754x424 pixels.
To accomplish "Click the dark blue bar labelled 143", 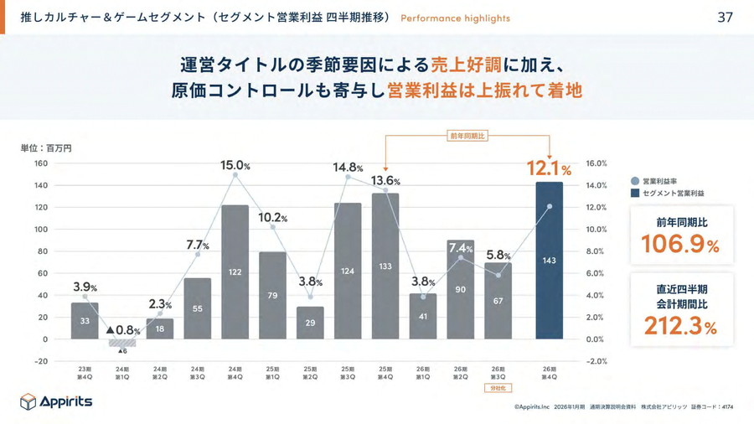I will pyautogui.click(x=549, y=261).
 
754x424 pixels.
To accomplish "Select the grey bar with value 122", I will pyautogui.click(x=235, y=271).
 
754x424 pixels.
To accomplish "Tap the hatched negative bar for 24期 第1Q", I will pyautogui.click(x=122, y=343).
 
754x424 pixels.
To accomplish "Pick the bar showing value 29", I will pyautogui.click(x=310, y=323).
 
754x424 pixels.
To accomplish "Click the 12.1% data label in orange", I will pyautogui.click(x=549, y=169).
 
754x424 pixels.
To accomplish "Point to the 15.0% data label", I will pyautogui.click(x=235, y=166).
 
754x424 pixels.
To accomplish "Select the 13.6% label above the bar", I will pyautogui.click(x=385, y=180).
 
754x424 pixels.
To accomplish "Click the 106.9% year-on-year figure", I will pyautogui.click(x=680, y=245).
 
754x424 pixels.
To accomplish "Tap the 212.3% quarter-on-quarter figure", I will pyautogui.click(x=680, y=326).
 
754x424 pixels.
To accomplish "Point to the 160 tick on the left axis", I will pyautogui.click(x=40, y=163).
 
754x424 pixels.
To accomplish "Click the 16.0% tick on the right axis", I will pyautogui.click(x=596, y=163).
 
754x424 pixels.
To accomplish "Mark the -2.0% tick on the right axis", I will pyautogui.click(x=596, y=361).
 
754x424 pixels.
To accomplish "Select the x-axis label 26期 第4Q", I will pyautogui.click(x=549, y=373).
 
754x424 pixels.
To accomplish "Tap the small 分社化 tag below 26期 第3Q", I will pyautogui.click(x=497, y=388).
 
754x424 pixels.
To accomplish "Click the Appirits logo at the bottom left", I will pyautogui.click(x=56, y=401).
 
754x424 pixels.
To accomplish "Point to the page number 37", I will pyautogui.click(x=725, y=18).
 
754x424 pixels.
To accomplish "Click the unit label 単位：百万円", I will pyautogui.click(x=46, y=147).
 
